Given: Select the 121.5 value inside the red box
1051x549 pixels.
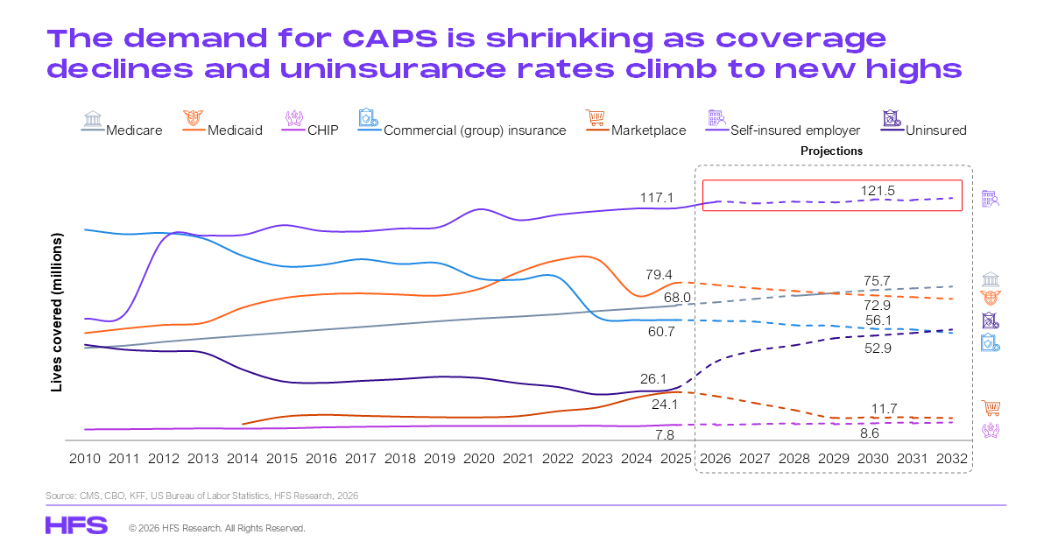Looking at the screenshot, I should click(x=878, y=190).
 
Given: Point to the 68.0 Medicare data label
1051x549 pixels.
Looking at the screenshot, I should click(x=677, y=298).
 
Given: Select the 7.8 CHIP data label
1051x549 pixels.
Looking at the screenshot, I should click(x=665, y=435).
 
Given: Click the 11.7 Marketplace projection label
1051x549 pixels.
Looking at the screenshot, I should click(x=884, y=408).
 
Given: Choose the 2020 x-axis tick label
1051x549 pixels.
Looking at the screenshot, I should click(x=478, y=459).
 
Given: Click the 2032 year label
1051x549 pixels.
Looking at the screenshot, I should click(x=953, y=459).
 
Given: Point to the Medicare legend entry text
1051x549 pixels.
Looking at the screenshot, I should click(x=134, y=130).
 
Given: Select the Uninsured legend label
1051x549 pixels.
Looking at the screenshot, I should click(x=936, y=130).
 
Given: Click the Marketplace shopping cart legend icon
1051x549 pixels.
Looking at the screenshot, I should click(x=595, y=118).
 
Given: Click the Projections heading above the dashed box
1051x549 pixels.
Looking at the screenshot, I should click(x=831, y=151).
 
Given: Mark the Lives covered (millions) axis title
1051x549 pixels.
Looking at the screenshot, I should click(x=57, y=312).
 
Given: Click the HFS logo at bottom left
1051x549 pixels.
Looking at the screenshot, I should click(x=76, y=525).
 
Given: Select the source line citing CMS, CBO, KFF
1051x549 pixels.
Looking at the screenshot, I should click(x=201, y=496).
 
